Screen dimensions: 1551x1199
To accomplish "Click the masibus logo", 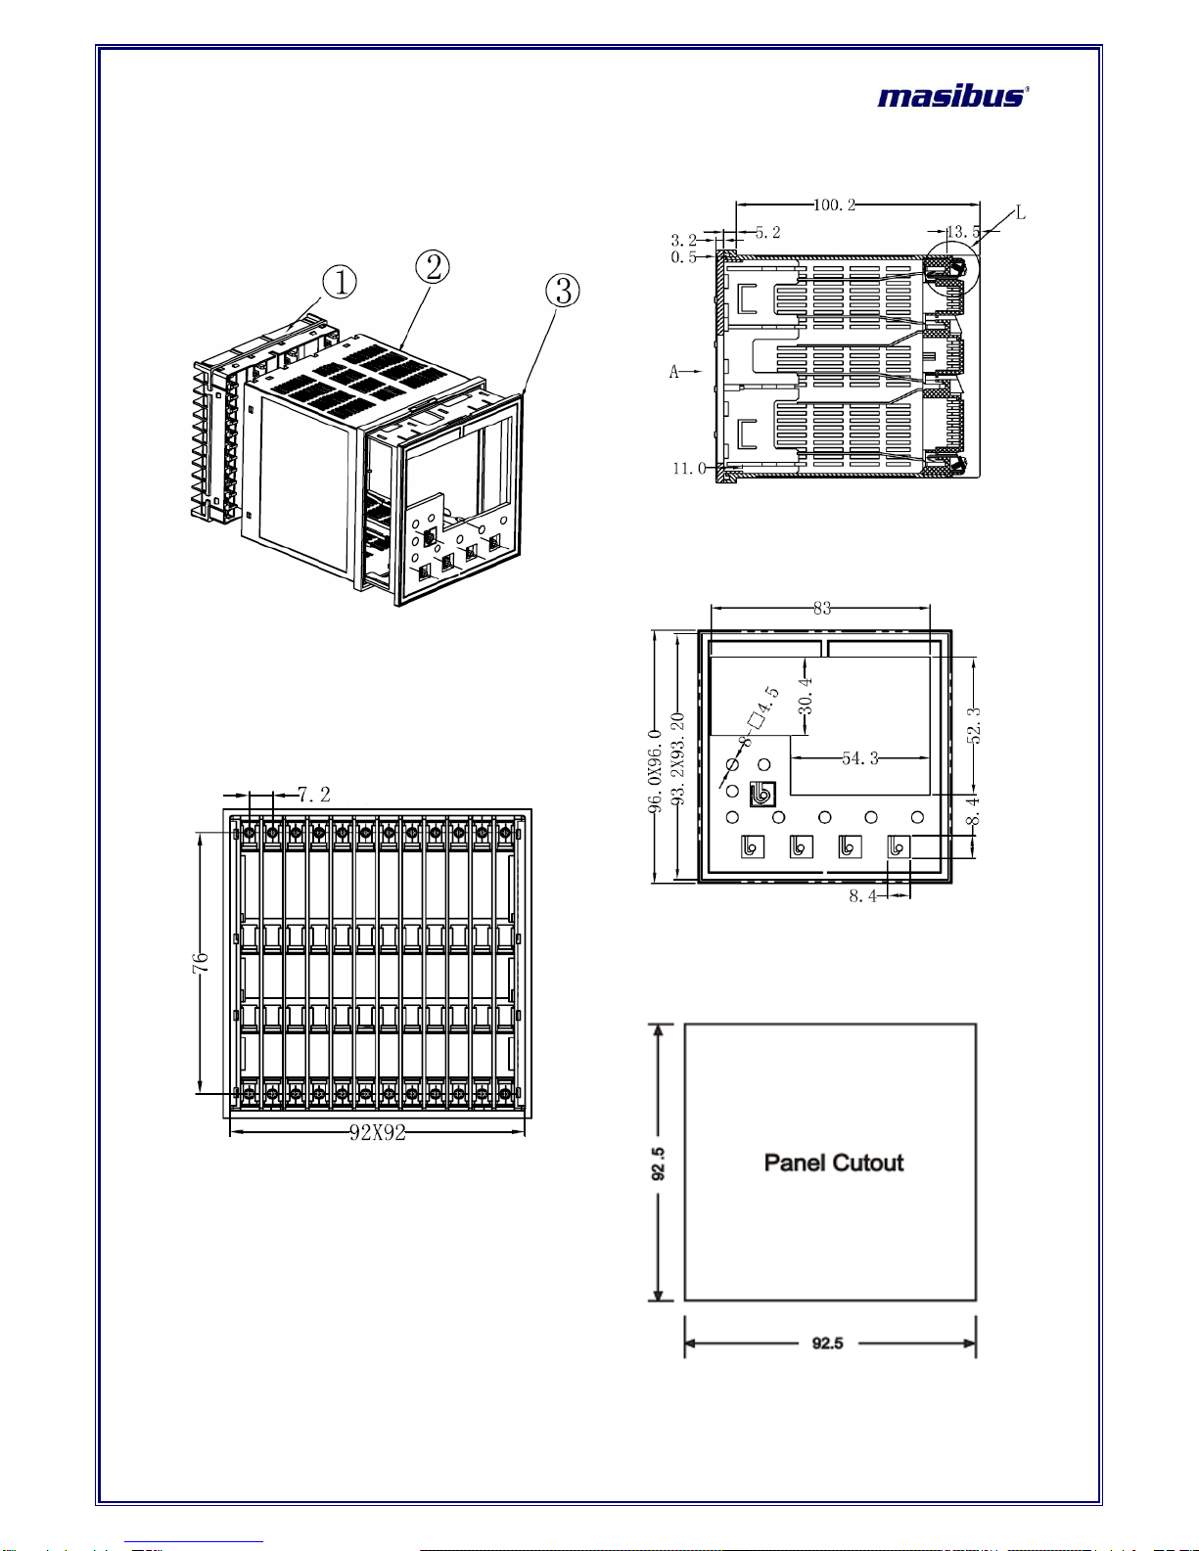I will click(951, 96).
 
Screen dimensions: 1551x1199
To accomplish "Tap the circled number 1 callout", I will click(340, 282).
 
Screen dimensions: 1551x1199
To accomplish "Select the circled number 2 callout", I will click(433, 266).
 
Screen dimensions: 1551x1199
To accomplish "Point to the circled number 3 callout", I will click(563, 290).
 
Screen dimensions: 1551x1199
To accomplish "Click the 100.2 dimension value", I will click(834, 205).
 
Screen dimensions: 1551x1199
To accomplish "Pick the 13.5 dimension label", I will click(962, 232).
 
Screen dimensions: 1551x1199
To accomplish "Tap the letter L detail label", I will click(1020, 212).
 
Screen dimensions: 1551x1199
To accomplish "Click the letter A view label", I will click(674, 371).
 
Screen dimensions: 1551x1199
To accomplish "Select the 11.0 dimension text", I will click(689, 469).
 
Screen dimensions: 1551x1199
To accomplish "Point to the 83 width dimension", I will click(821, 608).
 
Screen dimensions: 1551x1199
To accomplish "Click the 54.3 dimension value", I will click(860, 757).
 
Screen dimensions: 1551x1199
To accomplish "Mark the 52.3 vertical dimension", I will click(974, 725).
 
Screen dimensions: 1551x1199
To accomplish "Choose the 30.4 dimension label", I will click(806, 697).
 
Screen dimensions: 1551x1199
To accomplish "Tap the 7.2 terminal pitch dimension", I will click(314, 795).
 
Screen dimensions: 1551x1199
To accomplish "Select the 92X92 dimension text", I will click(378, 1133).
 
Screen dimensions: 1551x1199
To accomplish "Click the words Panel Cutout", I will click(834, 1163).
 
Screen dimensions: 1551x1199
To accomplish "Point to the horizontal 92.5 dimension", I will click(828, 1343).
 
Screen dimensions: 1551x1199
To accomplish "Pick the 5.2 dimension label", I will click(767, 232).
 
